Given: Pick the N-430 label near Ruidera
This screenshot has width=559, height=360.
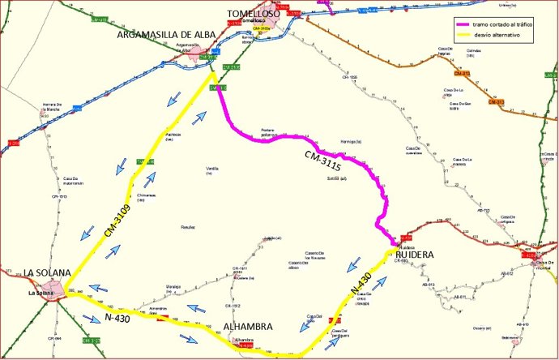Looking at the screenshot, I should (362, 281).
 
